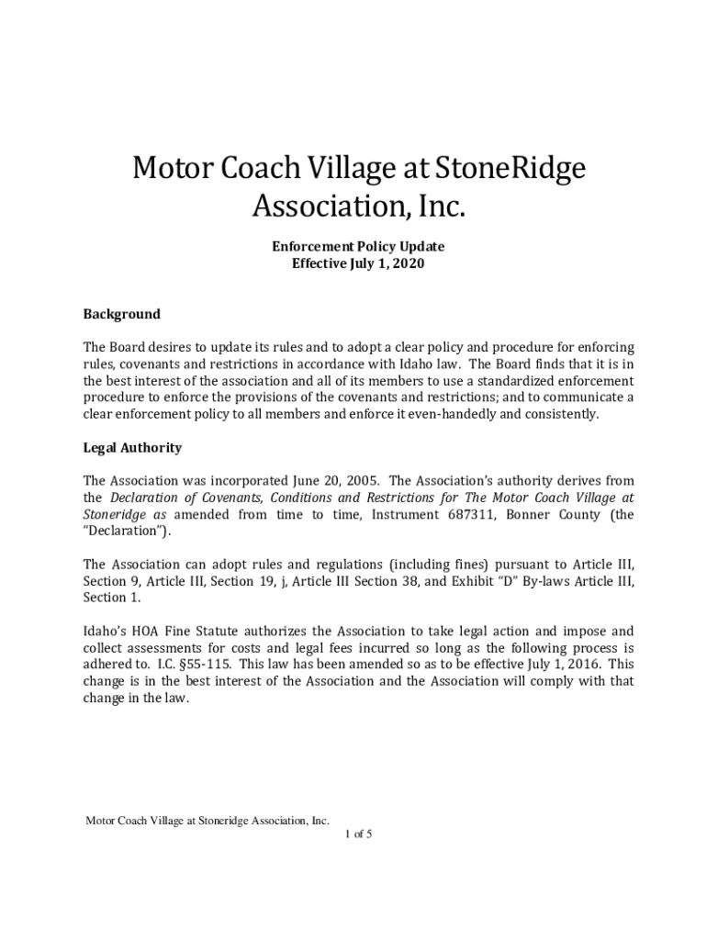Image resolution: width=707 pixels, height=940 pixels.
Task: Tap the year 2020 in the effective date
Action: [407, 263]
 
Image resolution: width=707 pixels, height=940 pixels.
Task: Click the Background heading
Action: [121, 314]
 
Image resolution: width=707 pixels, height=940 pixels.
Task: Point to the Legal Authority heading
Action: [132, 448]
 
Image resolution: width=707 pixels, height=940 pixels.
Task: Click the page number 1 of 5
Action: [358, 834]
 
